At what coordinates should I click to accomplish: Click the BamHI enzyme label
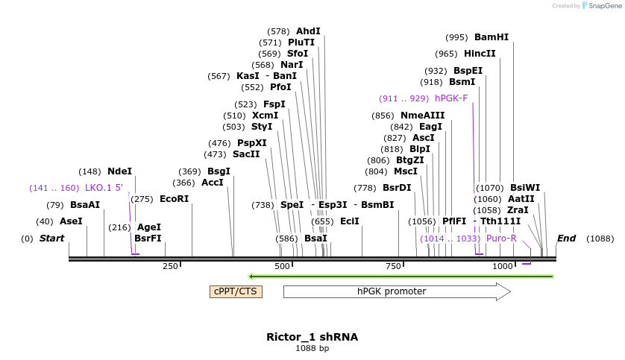click(x=491, y=37)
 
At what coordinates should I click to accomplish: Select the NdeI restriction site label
click(x=119, y=171)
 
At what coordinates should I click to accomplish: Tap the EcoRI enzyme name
click(x=174, y=199)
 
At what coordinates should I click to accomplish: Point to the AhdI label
click(x=308, y=31)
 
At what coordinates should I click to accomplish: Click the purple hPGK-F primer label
click(x=451, y=98)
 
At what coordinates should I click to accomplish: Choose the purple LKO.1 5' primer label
click(x=104, y=188)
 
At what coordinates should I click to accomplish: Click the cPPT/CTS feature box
click(x=236, y=291)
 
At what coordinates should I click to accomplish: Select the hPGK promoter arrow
click(x=396, y=291)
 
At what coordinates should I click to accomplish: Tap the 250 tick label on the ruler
click(x=170, y=266)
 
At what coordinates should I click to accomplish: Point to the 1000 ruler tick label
click(x=503, y=266)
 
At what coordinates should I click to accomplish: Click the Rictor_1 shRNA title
click(x=312, y=337)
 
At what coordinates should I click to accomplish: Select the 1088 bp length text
click(x=312, y=348)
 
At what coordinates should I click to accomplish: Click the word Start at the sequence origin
click(x=51, y=239)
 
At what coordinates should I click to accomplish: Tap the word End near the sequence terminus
click(x=566, y=239)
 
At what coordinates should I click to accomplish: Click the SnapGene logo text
click(x=602, y=6)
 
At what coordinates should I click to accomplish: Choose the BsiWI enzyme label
click(x=525, y=188)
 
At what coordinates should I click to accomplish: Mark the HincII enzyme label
click(x=480, y=54)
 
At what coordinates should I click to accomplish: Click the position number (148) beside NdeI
click(x=89, y=171)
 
